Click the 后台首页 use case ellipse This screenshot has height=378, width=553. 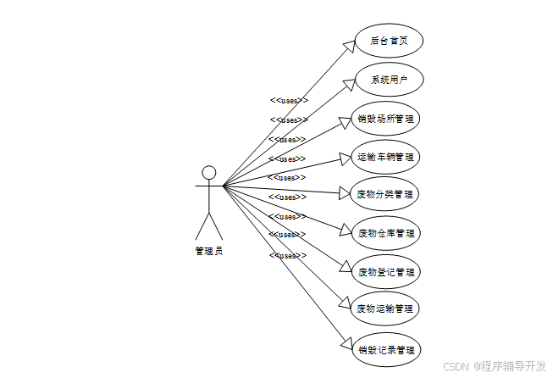[386, 42]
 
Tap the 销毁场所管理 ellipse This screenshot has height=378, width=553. [386, 119]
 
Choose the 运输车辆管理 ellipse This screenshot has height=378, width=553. [386, 157]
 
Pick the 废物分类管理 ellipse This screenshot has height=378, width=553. [386, 195]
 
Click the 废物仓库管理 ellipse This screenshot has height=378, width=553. [386, 233]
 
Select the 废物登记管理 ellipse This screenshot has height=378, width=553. [386, 272]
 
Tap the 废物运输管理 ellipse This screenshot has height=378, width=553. [386, 309]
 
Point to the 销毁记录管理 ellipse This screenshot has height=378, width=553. [386, 349]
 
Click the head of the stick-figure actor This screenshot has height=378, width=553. [209, 173]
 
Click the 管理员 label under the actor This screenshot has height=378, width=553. [208, 251]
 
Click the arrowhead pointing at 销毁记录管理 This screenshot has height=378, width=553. [346, 343]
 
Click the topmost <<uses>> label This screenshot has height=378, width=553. [288, 100]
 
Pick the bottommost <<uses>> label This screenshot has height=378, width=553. [288, 255]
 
